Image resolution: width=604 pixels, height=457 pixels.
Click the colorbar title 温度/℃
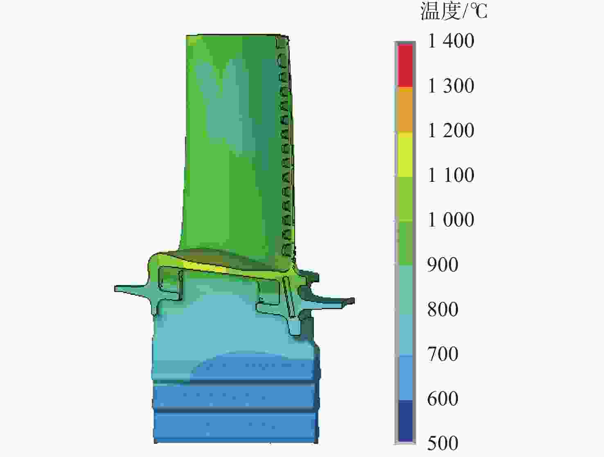454,11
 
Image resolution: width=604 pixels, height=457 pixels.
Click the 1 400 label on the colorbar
451,41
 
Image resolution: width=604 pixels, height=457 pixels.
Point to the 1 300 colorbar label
451,86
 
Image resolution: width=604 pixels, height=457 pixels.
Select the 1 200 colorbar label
451,130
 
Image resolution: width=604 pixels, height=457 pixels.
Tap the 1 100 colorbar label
451,175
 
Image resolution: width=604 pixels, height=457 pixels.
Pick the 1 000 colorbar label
451,219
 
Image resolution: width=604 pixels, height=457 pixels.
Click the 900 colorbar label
443,264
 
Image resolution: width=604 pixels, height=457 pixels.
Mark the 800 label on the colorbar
443,309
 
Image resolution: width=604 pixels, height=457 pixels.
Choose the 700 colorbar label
443,354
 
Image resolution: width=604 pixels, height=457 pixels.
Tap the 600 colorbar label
443,398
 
